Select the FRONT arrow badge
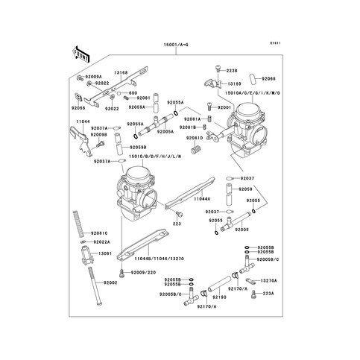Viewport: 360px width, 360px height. point(80,54)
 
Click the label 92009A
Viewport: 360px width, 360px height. point(92,77)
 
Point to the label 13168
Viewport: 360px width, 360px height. point(120,73)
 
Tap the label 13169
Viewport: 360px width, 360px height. point(234,85)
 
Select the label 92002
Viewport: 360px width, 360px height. point(110,283)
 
